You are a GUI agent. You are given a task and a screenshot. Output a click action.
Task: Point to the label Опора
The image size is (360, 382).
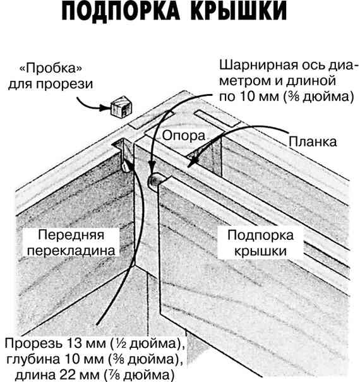point(184,135)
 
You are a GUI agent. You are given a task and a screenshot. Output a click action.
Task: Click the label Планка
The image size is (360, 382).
point(313,141)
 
